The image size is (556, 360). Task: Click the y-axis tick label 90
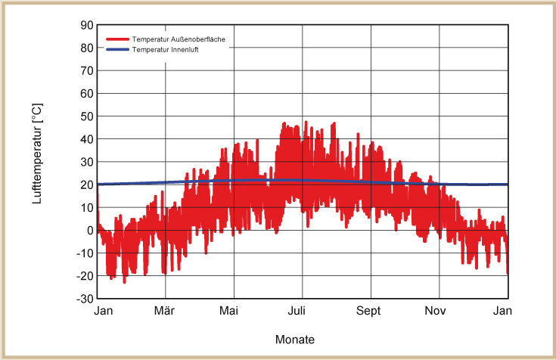click(88, 26)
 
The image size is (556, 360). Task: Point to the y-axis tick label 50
click(88, 116)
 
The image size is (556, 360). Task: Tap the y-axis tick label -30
click(85, 299)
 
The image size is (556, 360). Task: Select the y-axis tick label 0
click(90, 231)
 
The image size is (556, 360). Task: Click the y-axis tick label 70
click(88, 71)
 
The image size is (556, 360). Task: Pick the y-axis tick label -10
click(85, 253)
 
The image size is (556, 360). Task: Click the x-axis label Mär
click(165, 311)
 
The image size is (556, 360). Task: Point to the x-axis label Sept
click(369, 311)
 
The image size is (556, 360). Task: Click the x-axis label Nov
click(436, 311)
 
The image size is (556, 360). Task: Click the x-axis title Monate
click(295, 340)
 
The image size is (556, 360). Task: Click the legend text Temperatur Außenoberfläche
click(179, 39)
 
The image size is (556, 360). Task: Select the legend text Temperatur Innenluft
click(165, 49)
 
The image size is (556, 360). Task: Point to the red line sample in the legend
click(117, 39)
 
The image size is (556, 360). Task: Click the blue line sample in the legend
click(117, 49)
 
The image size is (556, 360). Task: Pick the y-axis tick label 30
click(88, 162)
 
